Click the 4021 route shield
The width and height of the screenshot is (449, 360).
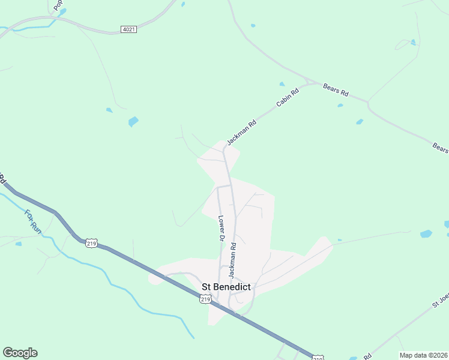[x=128, y=29]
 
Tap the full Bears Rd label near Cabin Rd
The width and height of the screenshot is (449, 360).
[x=336, y=91]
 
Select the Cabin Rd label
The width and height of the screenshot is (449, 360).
[x=287, y=98]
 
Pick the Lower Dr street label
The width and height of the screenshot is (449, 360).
[x=221, y=229]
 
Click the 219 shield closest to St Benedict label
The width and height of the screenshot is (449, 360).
[x=205, y=299]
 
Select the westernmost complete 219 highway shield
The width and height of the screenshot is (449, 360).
[x=91, y=243]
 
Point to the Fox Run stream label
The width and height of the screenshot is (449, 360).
[x=32, y=221]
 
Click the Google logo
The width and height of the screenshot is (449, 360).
[x=20, y=353]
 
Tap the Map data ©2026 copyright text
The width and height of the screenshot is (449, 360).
[x=423, y=355]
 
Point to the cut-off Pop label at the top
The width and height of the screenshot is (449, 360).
[x=58, y=5]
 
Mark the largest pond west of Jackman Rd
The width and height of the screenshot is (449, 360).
[x=133, y=122]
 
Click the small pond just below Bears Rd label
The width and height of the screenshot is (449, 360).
[x=340, y=106]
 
